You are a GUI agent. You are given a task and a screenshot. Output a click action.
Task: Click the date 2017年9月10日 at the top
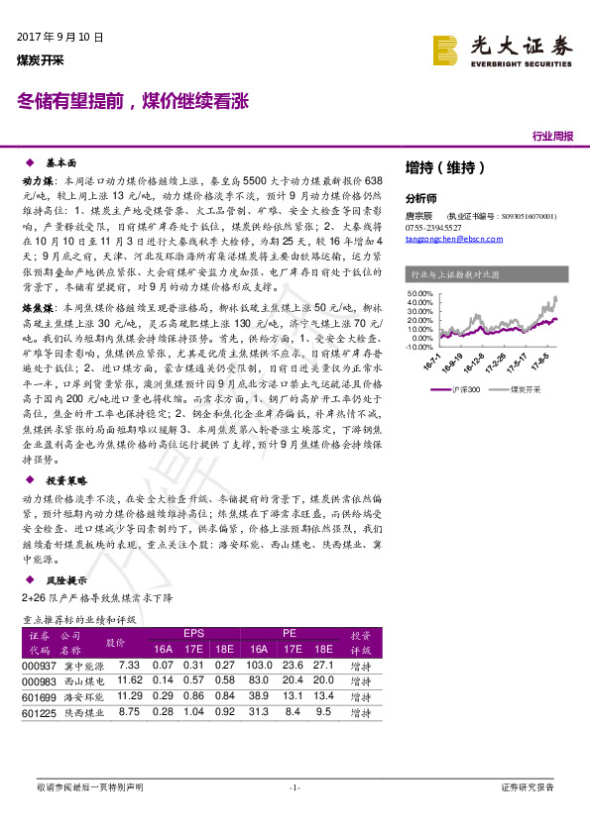[x=60, y=37]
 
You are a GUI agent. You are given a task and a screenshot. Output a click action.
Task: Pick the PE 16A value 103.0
[x=259, y=666]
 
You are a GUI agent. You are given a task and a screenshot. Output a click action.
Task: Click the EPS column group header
[x=193, y=632]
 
